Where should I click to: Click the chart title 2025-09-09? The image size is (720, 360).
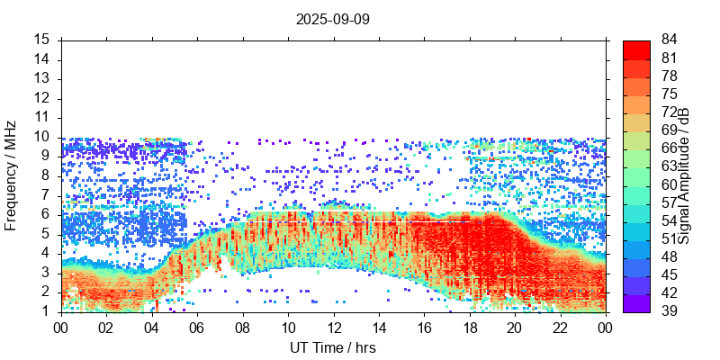pos(333,18)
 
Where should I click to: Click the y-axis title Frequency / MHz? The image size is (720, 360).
pos(12,175)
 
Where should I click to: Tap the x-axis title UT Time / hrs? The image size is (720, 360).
pos(333,347)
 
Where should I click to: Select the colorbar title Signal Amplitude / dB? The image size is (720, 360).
pos(685,175)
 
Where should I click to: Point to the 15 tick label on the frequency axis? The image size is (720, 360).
pos(41,40)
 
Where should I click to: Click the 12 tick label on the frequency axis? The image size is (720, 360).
pos(41,98)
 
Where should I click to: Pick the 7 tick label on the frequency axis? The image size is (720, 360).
pos(45,194)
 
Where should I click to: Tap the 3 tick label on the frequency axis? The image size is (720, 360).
pos(45,272)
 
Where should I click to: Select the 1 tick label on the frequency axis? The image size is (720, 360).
pos(45,310)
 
